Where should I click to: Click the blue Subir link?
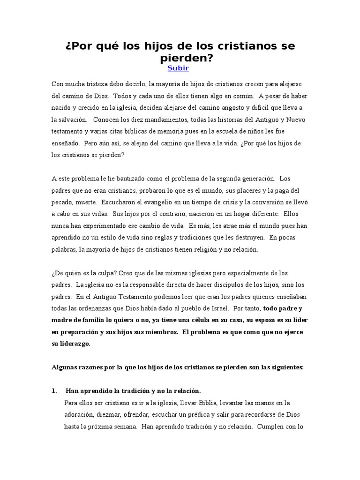tap(178, 68)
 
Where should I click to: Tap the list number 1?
tap(53, 391)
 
